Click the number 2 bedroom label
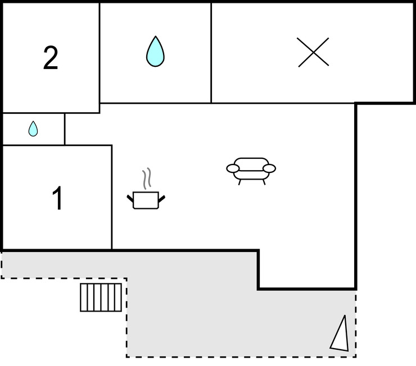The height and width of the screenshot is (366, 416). pyautogui.click(x=51, y=58)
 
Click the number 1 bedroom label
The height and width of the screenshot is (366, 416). pyautogui.click(x=57, y=198)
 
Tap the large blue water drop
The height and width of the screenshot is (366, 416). pyautogui.click(x=155, y=52)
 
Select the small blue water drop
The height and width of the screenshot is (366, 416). pyautogui.click(x=33, y=129)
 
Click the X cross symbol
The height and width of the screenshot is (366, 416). pyautogui.click(x=313, y=53)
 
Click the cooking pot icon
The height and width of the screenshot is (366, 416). pyautogui.click(x=146, y=199)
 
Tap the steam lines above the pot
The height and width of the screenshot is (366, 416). pyautogui.click(x=147, y=179)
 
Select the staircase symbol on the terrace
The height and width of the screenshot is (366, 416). pyautogui.click(x=101, y=297)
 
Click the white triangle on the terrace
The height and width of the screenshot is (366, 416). pyautogui.click(x=340, y=335)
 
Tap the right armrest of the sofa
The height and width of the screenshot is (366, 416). pyautogui.click(x=269, y=168)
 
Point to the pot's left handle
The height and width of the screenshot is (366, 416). pyautogui.click(x=131, y=197)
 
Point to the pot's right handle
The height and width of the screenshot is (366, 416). pyautogui.click(x=162, y=197)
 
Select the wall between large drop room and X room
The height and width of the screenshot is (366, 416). pyautogui.click(x=211, y=53)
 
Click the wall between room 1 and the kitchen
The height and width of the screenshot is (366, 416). pyautogui.click(x=112, y=196)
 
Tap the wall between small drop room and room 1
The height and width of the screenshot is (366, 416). pyautogui.click(x=34, y=145)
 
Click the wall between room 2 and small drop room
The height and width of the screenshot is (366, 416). pyautogui.click(x=34, y=113)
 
